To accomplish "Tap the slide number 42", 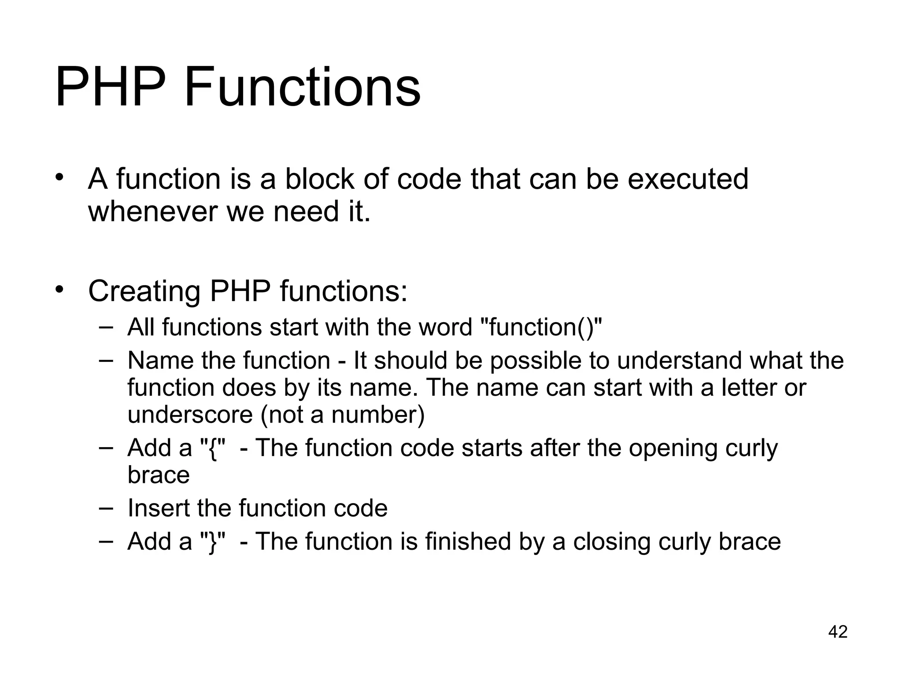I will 838,632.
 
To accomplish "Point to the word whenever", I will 152,212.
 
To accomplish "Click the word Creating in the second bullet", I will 144,291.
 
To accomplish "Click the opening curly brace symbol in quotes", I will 214,448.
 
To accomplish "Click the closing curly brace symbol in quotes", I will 214,542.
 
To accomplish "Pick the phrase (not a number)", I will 343,415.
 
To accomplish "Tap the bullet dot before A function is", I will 60,178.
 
